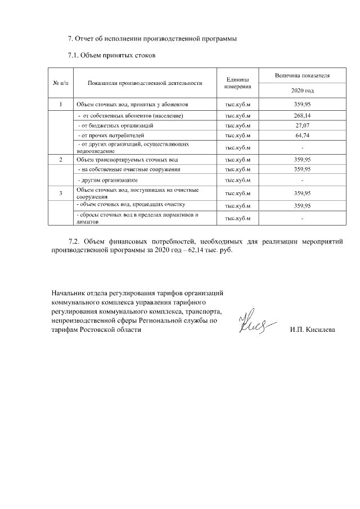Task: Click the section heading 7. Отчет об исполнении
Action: click(x=152, y=39)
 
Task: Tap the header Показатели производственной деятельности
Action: click(x=145, y=83)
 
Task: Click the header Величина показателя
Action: click(x=302, y=75)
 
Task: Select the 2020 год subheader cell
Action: click(x=302, y=91)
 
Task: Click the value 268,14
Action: click(x=302, y=115)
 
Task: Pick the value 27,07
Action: click(x=302, y=125)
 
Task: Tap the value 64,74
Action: click(x=302, y=136)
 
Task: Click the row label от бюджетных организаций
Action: click(x=115, y=125)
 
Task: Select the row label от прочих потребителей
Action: click(x=111, y=136)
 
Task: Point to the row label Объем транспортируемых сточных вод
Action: click(x=127, y=160)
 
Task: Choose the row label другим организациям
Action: click(x=107, y=180)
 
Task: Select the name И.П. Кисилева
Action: click(x=312, y=330)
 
